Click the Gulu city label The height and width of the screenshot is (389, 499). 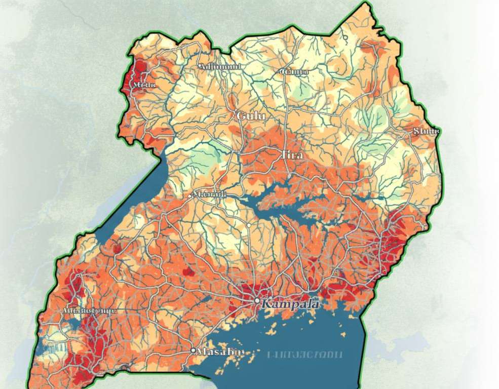coord(250,116)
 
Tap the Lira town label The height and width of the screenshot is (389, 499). coord(292,154)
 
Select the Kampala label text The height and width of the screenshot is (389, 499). coord(290,304)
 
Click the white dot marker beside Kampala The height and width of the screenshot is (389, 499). coord(257,301)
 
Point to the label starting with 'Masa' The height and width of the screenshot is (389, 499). coord(220,352)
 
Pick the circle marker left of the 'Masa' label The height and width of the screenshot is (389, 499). coord(193,351)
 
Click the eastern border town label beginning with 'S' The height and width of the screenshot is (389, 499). coord(427,131)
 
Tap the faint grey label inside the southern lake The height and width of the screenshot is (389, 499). coord(305,354)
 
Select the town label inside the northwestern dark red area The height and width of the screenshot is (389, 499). coord(143,85)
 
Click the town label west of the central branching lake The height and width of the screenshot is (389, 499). coord(209,195)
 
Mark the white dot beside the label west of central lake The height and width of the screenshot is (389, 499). coord(190,196)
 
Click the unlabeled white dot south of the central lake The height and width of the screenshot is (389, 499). coord(249,223)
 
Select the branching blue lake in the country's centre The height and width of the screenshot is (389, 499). coord(284,198)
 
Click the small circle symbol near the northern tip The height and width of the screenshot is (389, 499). coord(345,37)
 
